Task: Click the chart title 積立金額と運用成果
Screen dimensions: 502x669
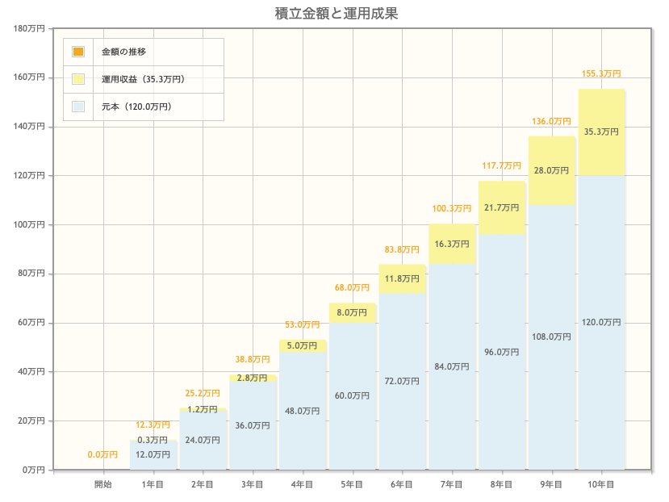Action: [x=336, y=13]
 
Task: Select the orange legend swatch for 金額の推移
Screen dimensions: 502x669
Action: [x=78, y=52]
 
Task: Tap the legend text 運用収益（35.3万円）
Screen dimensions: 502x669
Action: [x=143, y=79]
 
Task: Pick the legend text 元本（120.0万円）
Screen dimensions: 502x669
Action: [x=136, y=106]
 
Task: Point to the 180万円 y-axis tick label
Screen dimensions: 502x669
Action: [x=31, y=29]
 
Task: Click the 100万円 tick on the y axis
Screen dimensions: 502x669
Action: [x=31, y=225]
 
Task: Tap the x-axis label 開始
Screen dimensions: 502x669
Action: [x=103, y=484]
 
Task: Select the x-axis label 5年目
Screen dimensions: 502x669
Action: [x=352, y=484]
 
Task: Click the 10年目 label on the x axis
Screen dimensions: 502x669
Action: [x=601, y=484]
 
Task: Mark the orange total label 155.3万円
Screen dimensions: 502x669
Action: [x=601, y=73]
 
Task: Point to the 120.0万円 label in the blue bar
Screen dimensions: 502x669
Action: [x=601, y=322]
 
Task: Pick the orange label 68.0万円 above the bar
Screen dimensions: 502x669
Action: [x=352, y=288]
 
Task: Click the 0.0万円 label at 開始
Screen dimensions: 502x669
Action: [x=103, y=455]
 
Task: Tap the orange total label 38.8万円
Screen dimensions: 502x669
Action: [x=253, y=359]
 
